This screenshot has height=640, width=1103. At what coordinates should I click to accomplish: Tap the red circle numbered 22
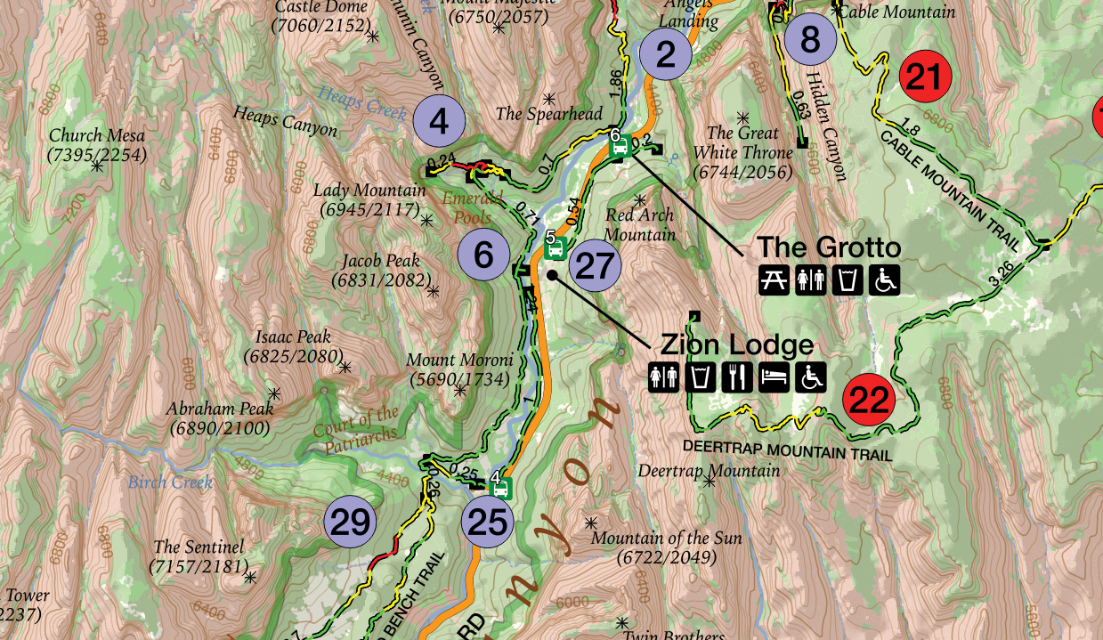869,400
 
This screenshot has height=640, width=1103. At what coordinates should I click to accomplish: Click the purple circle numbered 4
438,120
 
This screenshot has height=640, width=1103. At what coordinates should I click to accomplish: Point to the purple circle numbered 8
809,39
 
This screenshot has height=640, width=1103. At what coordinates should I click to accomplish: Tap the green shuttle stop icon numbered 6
620,147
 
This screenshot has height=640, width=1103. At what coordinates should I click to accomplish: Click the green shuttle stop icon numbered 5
556,250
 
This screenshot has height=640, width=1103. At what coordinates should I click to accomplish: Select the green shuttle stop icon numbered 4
501,488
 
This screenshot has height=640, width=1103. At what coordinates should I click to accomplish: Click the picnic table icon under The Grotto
773,279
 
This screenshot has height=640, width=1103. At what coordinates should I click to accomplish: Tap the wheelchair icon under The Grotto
885,279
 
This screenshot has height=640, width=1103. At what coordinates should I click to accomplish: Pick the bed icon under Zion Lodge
773,377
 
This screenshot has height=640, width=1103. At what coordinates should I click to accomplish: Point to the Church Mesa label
97,145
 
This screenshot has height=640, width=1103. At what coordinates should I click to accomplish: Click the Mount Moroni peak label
459,369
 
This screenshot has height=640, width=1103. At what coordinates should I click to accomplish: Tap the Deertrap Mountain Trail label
787,450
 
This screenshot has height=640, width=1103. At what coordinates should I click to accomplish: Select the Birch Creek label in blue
170,482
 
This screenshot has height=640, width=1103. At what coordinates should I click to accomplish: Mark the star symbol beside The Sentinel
250,578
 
